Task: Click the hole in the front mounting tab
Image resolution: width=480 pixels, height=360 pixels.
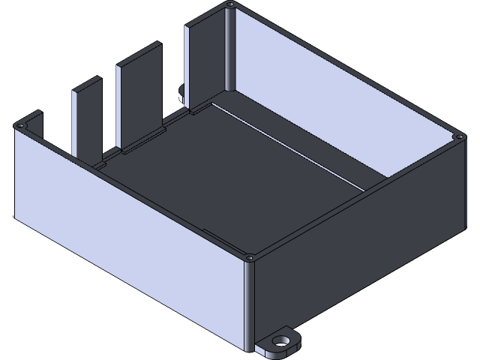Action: [x=282, y=340]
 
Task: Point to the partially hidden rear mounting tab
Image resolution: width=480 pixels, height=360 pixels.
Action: [x=181, y=92]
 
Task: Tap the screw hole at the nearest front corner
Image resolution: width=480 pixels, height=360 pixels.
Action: [x=250, y=258]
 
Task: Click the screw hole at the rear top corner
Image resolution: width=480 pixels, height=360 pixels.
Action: [x=230, y=5]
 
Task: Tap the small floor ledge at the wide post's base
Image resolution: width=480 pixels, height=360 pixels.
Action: [x=142, y=141]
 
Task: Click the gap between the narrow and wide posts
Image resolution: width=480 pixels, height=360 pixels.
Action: [x=109, y=112]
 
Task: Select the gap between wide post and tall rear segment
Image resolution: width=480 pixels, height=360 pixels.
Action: [x=173, y=75]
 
